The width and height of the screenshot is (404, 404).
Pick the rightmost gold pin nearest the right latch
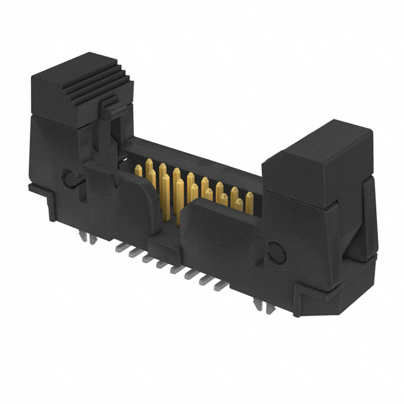tap(249, 200)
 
